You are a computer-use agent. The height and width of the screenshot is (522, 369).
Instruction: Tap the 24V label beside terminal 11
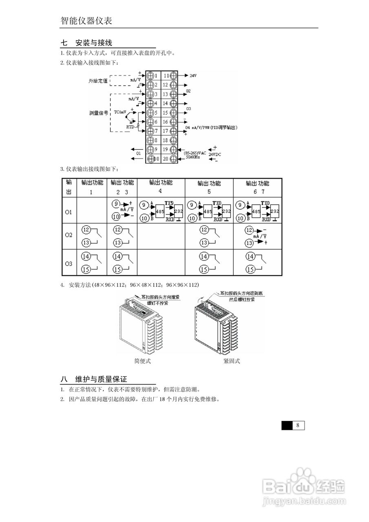(193, 76)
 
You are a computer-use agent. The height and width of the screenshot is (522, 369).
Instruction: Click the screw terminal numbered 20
(173, 158)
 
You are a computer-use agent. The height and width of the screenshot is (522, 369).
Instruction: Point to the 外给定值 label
(98, 81)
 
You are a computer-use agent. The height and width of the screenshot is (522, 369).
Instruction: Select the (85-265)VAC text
(194, 152)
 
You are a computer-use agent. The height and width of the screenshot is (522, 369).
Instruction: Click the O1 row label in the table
(68, 212)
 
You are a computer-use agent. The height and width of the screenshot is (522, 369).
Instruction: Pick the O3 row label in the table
(68, 264)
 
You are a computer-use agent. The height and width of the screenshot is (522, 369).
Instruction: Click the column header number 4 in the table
(160, 191)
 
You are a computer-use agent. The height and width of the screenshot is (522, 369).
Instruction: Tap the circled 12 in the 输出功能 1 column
(86, 230)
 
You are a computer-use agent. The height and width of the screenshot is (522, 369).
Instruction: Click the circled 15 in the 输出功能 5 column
(203, 270)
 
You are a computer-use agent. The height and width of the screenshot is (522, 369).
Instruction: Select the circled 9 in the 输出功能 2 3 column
(116, 203)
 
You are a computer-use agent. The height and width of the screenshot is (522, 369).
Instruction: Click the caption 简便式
(142, 361)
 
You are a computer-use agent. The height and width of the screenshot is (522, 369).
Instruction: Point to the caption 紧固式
(232, 361)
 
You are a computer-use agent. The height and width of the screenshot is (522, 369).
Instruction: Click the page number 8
(298, 425)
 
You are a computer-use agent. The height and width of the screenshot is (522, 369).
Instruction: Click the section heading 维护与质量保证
(101, 379)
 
